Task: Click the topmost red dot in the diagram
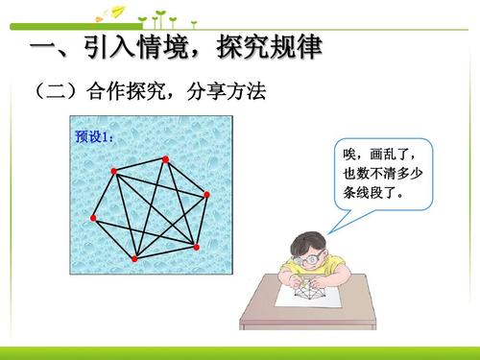point(165,158)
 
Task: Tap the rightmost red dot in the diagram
point(206,194)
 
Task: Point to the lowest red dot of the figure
point(134,259)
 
